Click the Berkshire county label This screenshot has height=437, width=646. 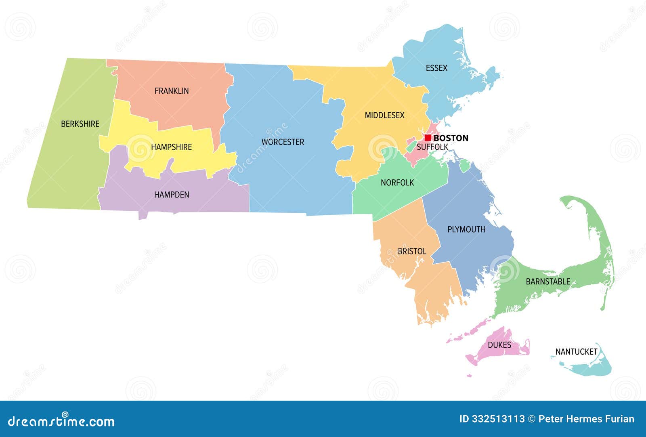80,124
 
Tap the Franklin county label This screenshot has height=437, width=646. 172,91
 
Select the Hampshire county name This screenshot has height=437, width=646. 171,147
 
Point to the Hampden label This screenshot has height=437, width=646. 172,195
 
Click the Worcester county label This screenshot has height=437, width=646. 283,142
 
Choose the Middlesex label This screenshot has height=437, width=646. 384,116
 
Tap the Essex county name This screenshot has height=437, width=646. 436,68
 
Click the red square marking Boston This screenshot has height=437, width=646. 428,138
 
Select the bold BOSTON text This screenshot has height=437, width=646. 451,138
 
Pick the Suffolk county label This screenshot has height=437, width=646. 432,147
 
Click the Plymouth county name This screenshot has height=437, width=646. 466,229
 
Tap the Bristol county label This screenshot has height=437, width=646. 412,251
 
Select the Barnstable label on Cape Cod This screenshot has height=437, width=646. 548,282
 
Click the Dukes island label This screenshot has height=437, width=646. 499,345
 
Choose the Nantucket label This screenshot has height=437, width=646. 576,352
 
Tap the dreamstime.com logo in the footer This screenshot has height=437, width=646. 61,421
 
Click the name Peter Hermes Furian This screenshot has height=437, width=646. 586,419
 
